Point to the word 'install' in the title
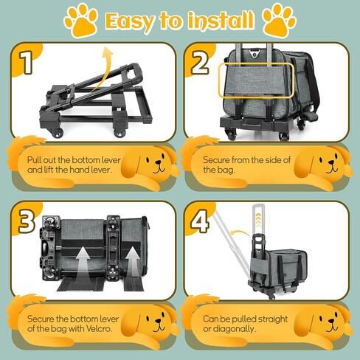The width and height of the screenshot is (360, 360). pyautogui.click(x=214, y=20)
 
